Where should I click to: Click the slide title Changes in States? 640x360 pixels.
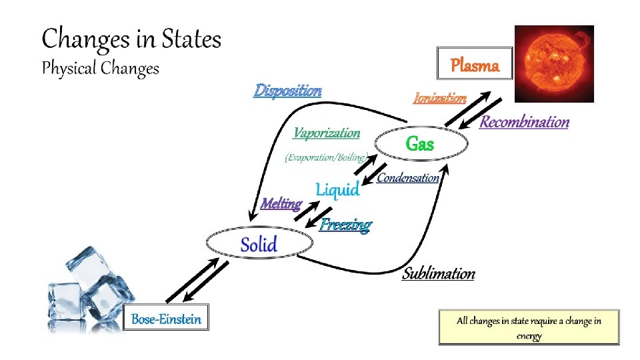tap(131, 40)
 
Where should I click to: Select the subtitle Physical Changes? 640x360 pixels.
tap(101, 69)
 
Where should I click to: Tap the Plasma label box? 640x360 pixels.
tap(475, 65)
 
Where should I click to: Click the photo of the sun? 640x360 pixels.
tap(554, 63)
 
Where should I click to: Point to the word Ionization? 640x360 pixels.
tap(440, 98)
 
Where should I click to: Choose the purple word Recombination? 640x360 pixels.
tap(525, 122)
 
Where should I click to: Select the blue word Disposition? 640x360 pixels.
tap(287, 90)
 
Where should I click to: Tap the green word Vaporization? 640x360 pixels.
tap(327, 133)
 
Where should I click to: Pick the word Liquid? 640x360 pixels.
tap(337, 189)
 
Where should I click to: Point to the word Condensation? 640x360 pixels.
tap(408, 177)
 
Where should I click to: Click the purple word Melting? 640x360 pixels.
tap(281, 203)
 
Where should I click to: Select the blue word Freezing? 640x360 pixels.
tap(345, 224)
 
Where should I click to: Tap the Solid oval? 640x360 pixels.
tap(259, 244)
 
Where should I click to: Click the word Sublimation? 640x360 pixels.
tap(439, 273)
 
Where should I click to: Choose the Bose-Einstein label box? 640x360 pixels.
tap(166, 319)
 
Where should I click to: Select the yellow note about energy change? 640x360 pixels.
tap(529, 327)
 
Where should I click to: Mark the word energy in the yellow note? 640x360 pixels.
tap(529, 335)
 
